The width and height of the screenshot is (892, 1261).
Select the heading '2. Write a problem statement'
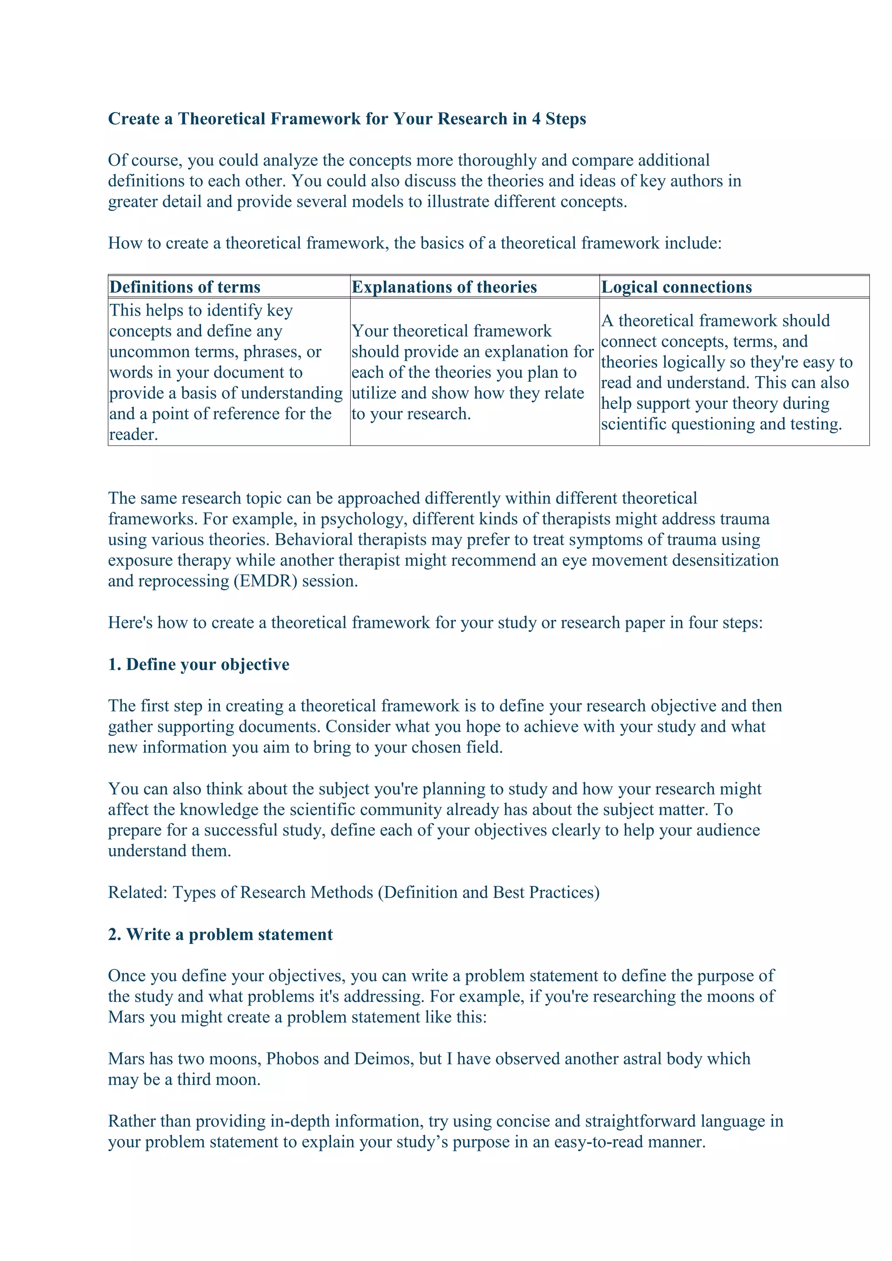point(220,934)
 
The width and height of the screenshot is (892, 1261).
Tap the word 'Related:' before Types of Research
point(137,893)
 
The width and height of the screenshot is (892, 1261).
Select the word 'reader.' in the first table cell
point(133,435)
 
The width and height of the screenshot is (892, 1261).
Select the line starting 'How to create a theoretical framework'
point(415,243)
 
